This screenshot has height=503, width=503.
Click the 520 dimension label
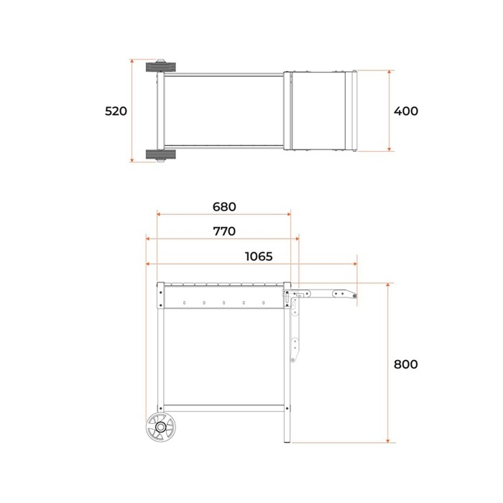[116, 111]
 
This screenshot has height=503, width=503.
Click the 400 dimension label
[406, 111]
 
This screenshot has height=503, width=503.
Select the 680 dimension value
[224, 207]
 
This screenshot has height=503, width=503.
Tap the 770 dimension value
[224, 231]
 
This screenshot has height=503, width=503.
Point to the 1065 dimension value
[259, 257]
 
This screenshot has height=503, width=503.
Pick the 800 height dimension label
[406, 364]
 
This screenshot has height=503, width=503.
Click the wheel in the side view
[161, 427]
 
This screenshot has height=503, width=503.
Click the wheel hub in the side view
[161, 427]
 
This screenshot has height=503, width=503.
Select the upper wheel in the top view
[161, 67]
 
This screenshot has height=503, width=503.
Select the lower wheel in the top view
[161, 154]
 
